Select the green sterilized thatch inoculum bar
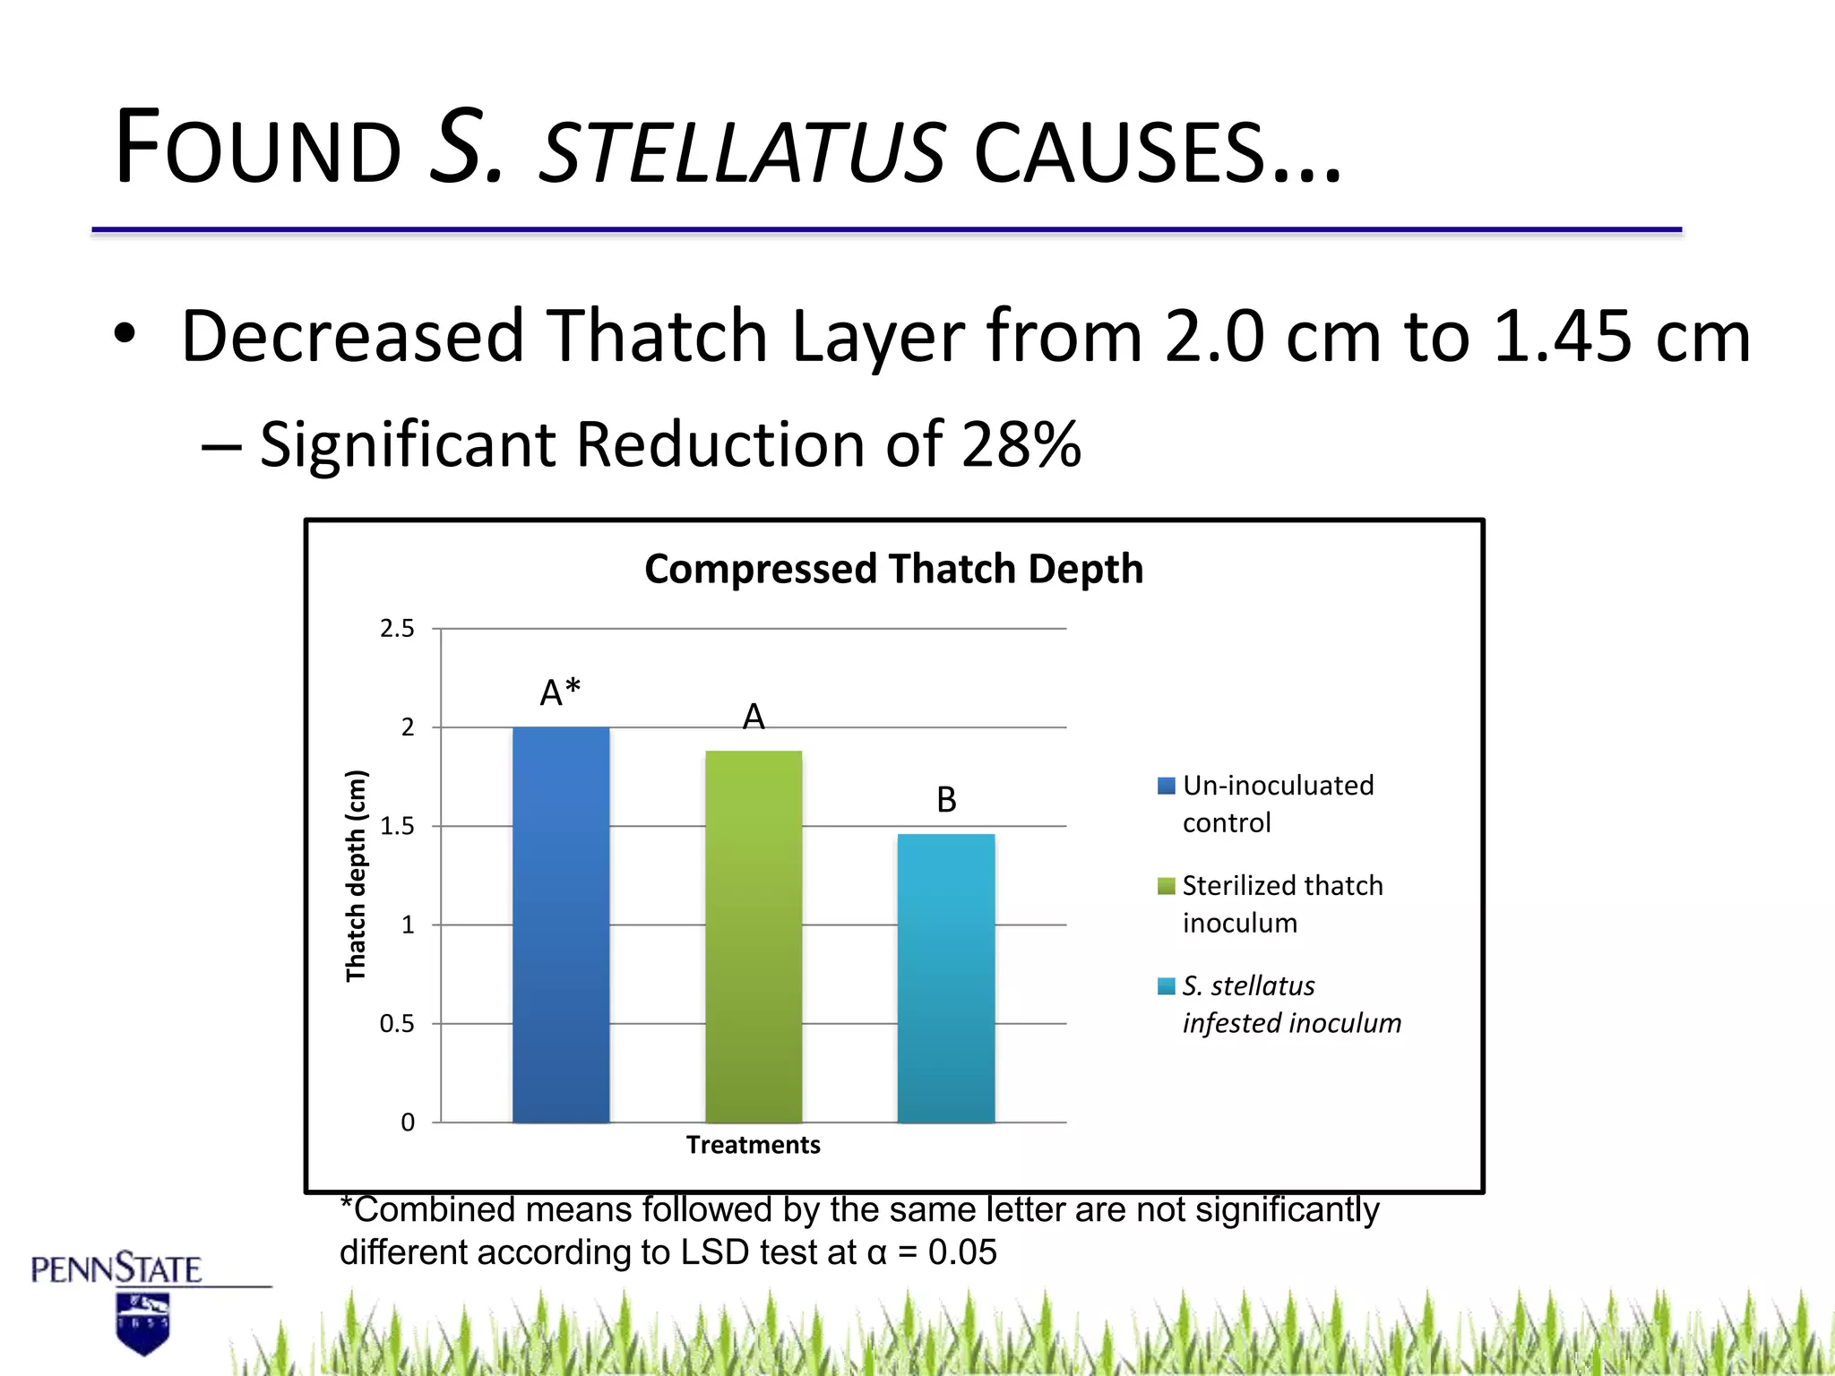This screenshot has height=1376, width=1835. tap(754, 936)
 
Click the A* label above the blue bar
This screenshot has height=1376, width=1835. tap(561, 692)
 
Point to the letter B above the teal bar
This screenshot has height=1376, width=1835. tap(946, 799)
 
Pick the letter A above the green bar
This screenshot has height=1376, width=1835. tap(754, 717)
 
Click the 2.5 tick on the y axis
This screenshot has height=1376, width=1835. tap(397, 629)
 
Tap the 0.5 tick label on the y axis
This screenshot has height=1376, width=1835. tap(397, 1023)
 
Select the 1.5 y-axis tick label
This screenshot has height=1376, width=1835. tap(397, 826)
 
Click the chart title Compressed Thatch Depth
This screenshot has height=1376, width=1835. tap(893, 569)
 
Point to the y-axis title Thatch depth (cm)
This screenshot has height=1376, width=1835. tap(356, 875)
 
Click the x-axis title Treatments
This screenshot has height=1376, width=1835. tap(753, 1145)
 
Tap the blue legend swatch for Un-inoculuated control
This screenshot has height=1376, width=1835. tap(1166, 786)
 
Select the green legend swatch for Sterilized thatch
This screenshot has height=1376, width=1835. tap(1166, 886)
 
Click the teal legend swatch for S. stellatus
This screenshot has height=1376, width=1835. tap(1166, 986)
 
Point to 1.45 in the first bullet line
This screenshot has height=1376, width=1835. tap(1562, 337)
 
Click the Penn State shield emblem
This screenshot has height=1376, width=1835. tap(142, 1323)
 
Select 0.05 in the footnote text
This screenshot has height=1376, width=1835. tap(962, 1252)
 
